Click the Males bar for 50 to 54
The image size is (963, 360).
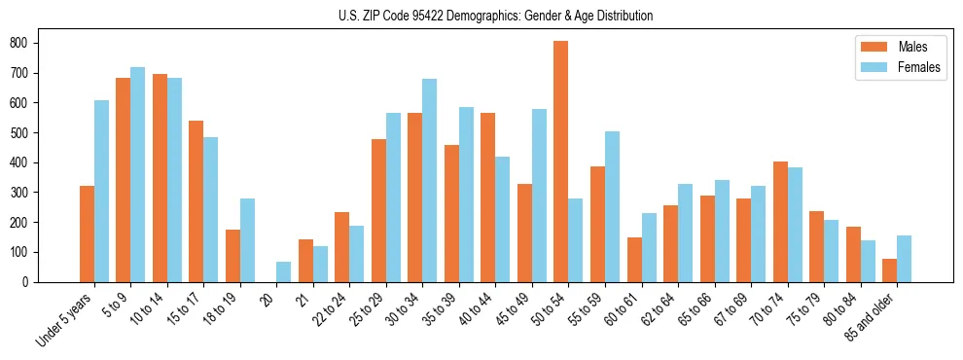tap(561, 162)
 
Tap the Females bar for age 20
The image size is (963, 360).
tap(284, 271)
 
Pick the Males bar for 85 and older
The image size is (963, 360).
tap(889, 270)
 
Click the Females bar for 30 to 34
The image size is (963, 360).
tap(430, 180)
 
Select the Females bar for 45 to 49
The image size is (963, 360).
tap(539, 196)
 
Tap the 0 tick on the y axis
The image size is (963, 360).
tap(32, 282)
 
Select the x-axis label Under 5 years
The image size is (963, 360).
tap(66, 318)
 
